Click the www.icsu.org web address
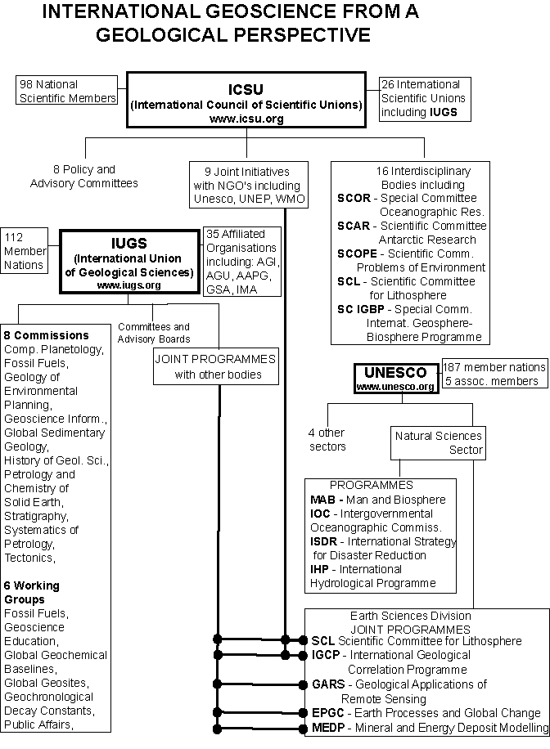pyautogui.click(x=246, y=119)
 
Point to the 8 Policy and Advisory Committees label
pyautogui.click(x=84, y=177)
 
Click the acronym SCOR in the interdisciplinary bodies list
pyautogui.click(x=354, y=198)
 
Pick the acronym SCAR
pyautogui.click(x=354, y=226)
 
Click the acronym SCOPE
pyautogui.click(x=358, y=253)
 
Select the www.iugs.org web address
pyautogui.click(x=128, y=285)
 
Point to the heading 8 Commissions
pyautogui.click(x=47, y=335)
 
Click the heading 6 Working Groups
pyautogui.click(x=32, y=592)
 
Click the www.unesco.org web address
pyautogui.click(x=395, y=387)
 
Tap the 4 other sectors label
pyautogui.click(x=327, y=439)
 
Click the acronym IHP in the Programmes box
pyautogui.click(x=319, y=569)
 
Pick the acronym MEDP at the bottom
pyautogui.click(x=328, y=728)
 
